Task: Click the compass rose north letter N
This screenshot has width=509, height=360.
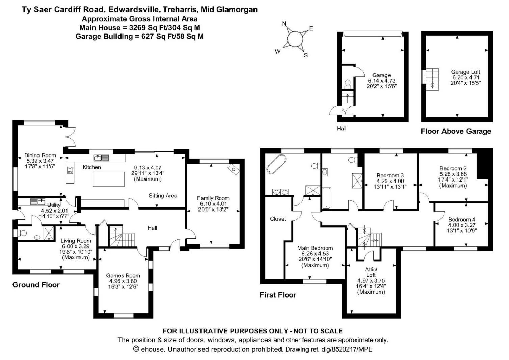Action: [284, 24]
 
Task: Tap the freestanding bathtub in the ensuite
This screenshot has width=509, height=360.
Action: [276, 164]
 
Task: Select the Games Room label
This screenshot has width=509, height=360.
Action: [123, 275]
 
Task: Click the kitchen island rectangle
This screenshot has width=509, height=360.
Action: [108, 179]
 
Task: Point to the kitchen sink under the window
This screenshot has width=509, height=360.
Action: [101, 158]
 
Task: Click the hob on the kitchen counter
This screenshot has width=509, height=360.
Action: [70, 170]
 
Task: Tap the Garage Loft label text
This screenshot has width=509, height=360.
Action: [465, 72]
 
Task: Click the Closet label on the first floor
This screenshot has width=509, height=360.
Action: [278, 219]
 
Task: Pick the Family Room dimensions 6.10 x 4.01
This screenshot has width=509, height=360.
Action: [213, 204]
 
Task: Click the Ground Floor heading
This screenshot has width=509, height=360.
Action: [36, 285]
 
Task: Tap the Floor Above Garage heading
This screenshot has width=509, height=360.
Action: [456, 131]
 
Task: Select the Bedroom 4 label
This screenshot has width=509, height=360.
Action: [461, 219]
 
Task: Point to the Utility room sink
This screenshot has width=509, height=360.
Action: [37, 202]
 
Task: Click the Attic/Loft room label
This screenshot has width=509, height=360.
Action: [371, 272]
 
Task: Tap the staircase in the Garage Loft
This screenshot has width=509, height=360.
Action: [432, 79]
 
